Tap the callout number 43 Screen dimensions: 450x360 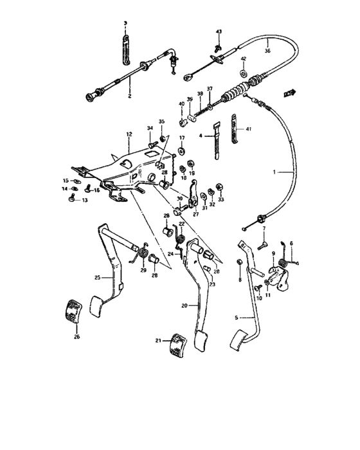point(218,32)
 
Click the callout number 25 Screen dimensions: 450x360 point(98,278)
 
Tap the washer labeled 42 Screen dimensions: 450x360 point(244,68)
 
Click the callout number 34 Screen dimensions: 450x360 point(149,129)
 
